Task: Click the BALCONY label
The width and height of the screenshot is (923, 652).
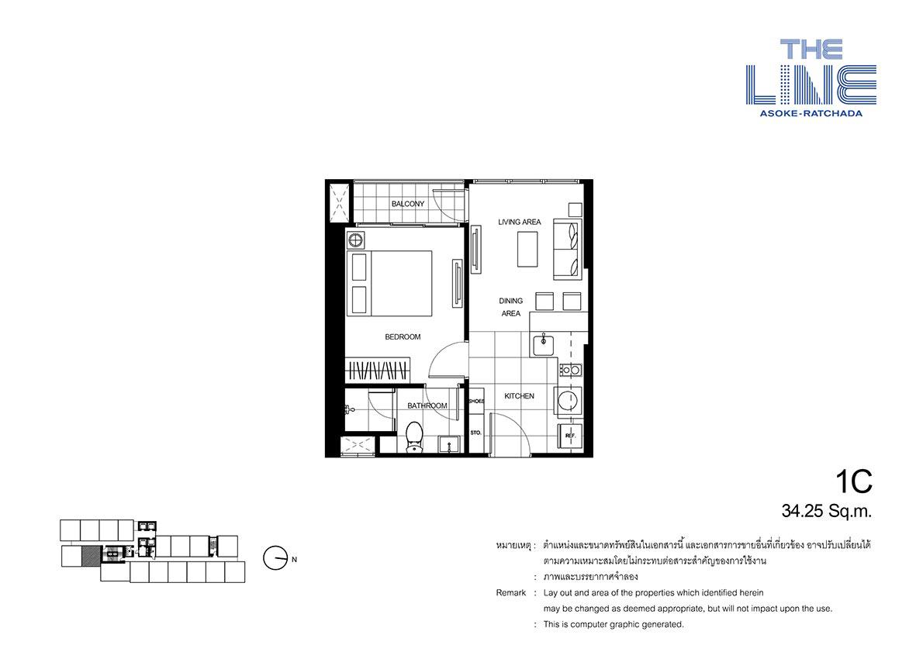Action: tap(407, 204)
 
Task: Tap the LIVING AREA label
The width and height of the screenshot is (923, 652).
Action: tap(519, 222)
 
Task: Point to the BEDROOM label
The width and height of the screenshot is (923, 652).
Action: tap(403, 336)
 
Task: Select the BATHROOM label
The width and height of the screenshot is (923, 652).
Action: tap(427, 405)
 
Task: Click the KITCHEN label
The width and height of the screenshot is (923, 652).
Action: tap(519, 396)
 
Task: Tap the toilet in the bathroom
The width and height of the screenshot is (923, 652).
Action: tap(414, 436)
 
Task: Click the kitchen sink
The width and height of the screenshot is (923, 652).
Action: tap(543, 343)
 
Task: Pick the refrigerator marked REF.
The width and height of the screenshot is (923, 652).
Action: tap(569, 436)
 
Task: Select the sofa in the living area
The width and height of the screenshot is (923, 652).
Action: tap(567, 249)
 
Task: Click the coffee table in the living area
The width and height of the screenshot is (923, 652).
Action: tap(527, 249)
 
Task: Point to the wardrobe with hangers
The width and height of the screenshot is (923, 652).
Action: tap(377, 370)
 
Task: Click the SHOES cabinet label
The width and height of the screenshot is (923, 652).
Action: tap(476, 401)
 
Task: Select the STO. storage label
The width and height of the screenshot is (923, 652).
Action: tap(475, 433)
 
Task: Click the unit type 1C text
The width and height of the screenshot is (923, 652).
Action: tap(853, 481)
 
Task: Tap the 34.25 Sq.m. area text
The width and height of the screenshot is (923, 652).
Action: tap(827, 511)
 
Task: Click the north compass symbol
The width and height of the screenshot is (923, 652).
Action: tap(275, 558)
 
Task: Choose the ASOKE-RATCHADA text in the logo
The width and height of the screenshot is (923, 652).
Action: tap(811, 113)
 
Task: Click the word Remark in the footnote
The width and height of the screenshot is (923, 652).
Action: tap(511, 592)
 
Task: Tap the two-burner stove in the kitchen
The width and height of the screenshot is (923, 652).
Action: tap(570, 370)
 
